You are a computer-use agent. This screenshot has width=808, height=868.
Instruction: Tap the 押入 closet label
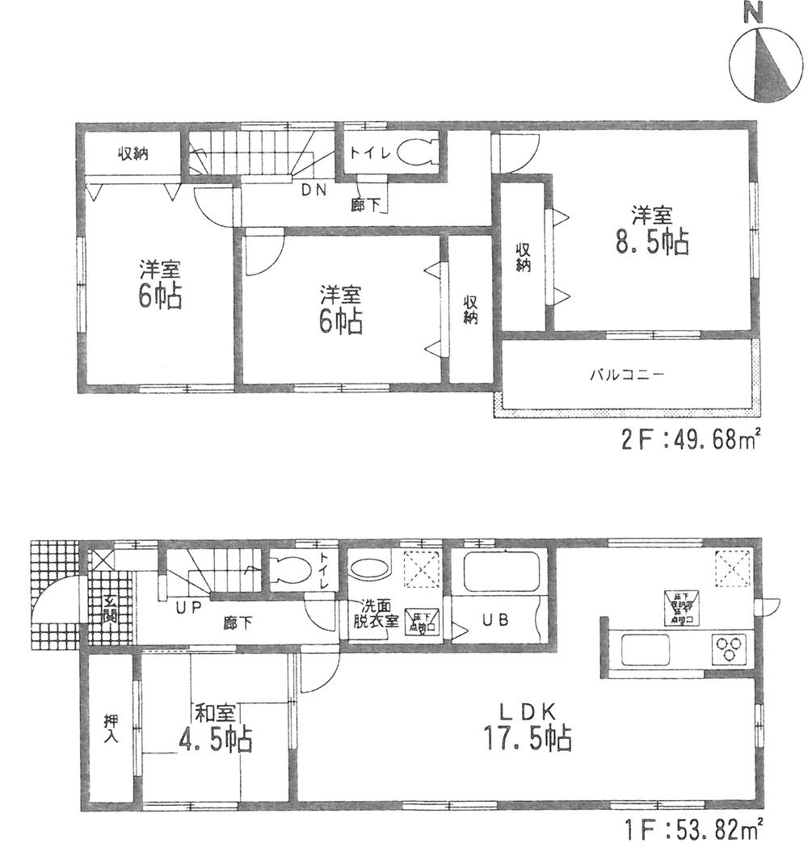point(109,731)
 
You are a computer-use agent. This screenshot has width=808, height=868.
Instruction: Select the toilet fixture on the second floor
point(415,152)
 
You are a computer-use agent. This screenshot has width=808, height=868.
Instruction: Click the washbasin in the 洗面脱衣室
point(372,568)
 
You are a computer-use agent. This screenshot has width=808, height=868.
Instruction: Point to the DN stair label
point(314,191)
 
